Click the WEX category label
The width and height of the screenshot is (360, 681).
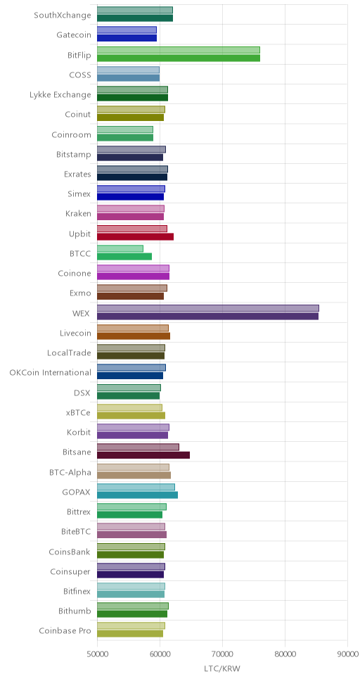click(82, 313)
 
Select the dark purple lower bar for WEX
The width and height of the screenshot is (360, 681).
click(207, 317)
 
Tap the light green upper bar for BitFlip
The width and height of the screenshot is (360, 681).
click(179, 50)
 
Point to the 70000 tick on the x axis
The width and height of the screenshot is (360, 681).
click(222, 639)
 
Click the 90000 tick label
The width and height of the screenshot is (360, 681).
click(347, 654)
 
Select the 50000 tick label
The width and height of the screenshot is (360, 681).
click(97, 654)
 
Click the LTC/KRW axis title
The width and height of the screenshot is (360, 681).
click(222, 668)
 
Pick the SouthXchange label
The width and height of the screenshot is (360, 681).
click(63, 15)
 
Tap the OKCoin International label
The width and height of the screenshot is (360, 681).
click(51, 373)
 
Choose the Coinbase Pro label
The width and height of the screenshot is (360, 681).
click(65, 630)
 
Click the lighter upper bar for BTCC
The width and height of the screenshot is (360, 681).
click(120, 249)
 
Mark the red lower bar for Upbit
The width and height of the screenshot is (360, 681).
click(135, 236)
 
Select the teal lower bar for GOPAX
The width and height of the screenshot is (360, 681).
click(137, 495)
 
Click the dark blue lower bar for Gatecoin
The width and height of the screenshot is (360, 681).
click(127, 38)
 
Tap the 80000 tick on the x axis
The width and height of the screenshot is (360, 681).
click(285, 639)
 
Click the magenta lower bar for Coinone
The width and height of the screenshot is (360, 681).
click(133, 276)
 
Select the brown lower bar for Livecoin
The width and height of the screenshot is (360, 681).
click(134, 336)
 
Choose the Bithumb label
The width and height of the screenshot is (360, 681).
click(75, 611)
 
